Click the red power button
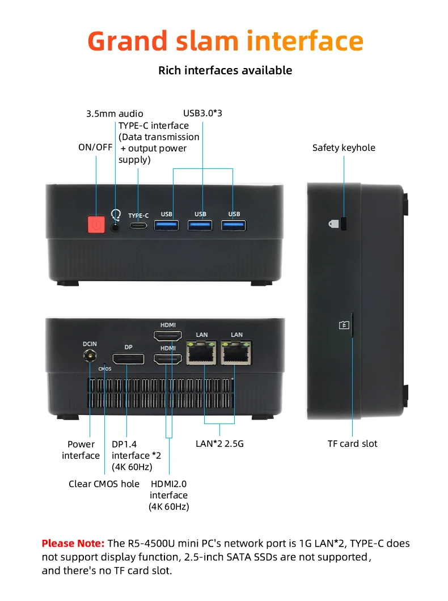(x=96, y=224)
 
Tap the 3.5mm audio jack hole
(x=115, y=227)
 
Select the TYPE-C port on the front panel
(x=138, y=226)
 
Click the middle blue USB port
(x=200, y=225)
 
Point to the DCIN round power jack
(x=90, y=356)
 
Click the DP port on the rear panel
(x=128, y=359)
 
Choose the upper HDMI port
(x=168, y=336)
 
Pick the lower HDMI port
(x=168, y=359)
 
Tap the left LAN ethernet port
(x=201, y=353)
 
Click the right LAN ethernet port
(x=236, y=353)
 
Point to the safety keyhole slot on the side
(x=344, y=223)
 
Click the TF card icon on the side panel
(x=344, y=325)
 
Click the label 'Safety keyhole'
(x=344, y=148)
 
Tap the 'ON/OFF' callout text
(x=95, y=147)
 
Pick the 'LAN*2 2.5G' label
(x=219, y=444)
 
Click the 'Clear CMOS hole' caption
(x=104, y=484)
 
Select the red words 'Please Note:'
(x=73, y=544)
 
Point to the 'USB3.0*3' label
(x=202, y=113)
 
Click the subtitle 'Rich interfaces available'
(x=225, y=70)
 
